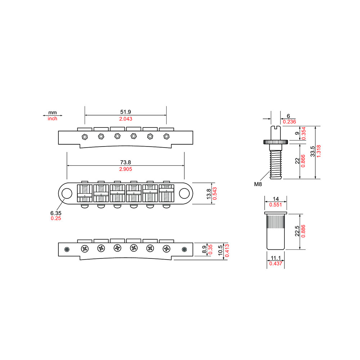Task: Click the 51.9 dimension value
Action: coord(125,112)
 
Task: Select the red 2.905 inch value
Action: coord(125,169)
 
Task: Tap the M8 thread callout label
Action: coord(258,184)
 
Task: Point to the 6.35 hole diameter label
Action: coord(56,213)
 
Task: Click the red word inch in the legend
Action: coord(52,119)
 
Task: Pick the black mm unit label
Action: coord(52,113)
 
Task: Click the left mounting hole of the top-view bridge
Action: coord(67,193)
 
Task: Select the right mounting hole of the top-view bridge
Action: coord(184,193)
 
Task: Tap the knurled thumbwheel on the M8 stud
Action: coord(275,142)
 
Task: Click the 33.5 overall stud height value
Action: coord(312,151)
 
